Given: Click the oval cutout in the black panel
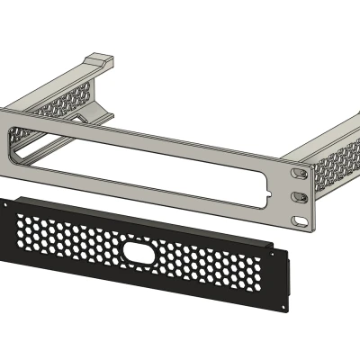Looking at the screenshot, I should pos(139,255).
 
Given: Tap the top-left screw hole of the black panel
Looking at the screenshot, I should pos(7,203).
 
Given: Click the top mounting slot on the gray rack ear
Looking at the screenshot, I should pos(298,172).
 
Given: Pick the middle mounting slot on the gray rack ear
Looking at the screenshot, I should pos(301,195).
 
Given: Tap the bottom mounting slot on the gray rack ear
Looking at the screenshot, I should pos(301,217).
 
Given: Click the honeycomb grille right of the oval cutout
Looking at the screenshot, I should pos(207,269).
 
